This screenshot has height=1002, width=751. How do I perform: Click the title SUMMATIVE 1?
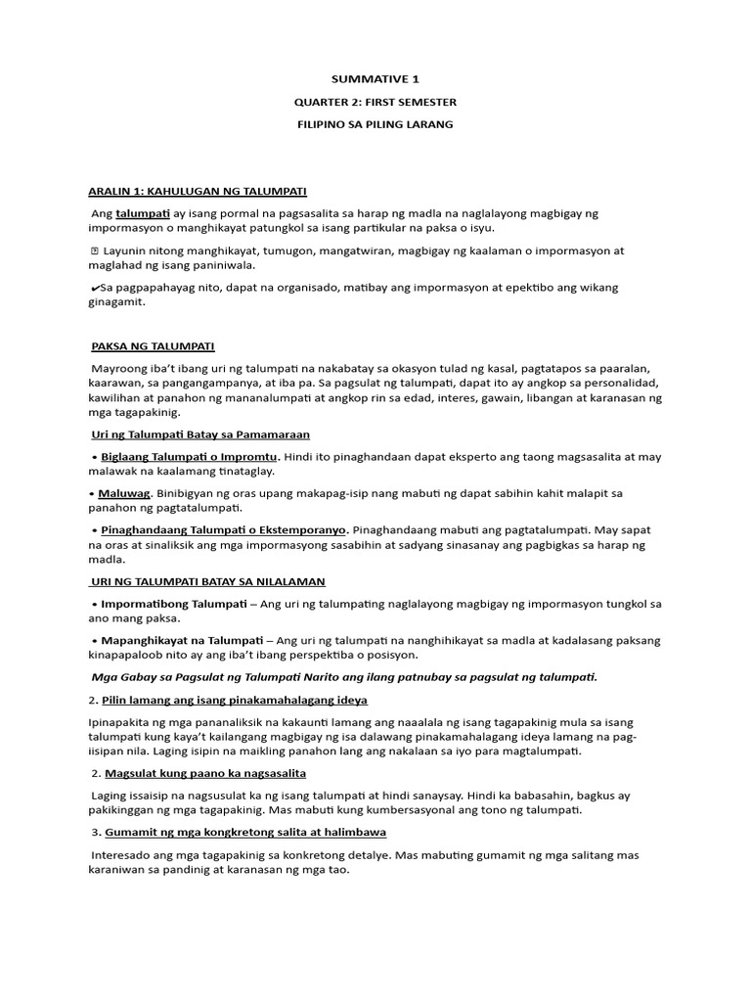(x=375, y=78)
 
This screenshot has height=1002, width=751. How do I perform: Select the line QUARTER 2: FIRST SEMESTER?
(x=375, y=102)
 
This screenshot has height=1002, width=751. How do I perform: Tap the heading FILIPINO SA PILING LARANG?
(x=375, y=125)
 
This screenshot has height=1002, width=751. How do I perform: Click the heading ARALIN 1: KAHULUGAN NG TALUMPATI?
(x=198, y=191)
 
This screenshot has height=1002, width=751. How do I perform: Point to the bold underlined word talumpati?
(x=143, y=213)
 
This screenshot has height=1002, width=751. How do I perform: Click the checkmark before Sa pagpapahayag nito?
(x=93, y=288)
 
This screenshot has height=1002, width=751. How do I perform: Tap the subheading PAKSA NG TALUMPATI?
(x=153, y=346)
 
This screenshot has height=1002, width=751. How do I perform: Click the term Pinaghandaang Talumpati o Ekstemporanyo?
(x=224, y=530)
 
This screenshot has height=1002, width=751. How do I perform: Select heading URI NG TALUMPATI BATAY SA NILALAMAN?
(x=207, y=581)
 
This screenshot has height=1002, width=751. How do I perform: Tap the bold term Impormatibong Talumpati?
(x=175, y=604)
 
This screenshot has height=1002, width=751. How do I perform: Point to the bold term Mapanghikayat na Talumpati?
(x=176, y=640)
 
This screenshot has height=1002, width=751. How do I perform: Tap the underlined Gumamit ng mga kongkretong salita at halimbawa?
(x=243, y=832)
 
